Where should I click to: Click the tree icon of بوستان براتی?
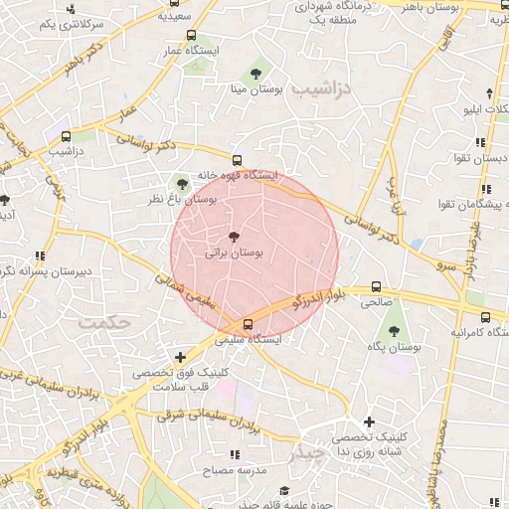coord(234,237)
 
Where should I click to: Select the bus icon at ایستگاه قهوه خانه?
coord(237,160)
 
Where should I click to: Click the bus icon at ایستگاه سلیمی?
coord(248,324)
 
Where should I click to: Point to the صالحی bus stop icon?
coord(375,285)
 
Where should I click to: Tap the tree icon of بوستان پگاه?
coord(395,332)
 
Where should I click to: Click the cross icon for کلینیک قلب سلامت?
coord(180,357)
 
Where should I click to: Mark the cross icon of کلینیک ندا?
coord(369,423)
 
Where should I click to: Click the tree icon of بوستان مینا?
coord(256,73)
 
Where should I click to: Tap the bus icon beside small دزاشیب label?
coord(66,136)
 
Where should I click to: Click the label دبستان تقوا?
coord(482,159)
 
